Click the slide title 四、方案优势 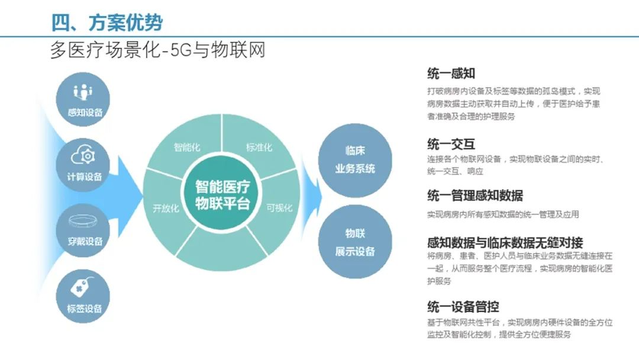tap(106, 22)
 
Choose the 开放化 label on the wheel tap(166, 208)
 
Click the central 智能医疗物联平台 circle tap(222, 195)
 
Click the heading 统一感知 tap(451, 73)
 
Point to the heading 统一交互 tap(451, 144)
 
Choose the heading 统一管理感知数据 tap(475, 196)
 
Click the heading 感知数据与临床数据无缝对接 tap(505, 242)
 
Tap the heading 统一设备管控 tap(463, 307)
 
